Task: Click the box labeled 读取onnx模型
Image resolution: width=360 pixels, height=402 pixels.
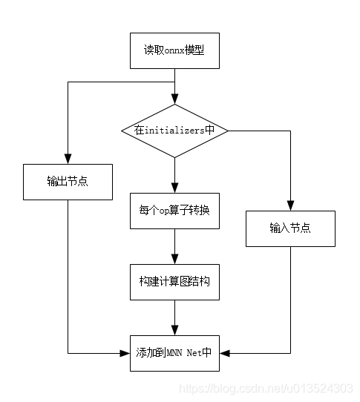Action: click(174, 51)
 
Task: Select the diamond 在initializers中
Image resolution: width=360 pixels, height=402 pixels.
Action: click(174, 131)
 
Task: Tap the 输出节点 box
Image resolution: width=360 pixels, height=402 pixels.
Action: click(68, 182)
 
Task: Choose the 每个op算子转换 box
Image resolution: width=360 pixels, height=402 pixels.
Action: click(174, 210)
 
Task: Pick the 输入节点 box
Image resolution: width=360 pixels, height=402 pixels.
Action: click(290, 228)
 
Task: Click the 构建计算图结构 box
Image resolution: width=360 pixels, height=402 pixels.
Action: click(174, 282)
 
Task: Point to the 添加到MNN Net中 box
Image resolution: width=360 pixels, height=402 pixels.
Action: click(174, 352)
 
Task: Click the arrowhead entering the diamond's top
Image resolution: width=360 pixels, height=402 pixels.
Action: click(174, 99)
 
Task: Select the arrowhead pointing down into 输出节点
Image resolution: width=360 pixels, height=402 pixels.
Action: click(68, 159)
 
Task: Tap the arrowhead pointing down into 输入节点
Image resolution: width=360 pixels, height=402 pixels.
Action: click(290, 205)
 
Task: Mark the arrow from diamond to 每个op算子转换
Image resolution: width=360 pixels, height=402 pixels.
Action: click(174, 175)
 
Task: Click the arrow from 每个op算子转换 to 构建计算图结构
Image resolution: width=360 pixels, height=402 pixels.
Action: click(174, 246)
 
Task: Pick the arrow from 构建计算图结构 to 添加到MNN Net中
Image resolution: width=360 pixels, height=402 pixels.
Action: click(174, 317)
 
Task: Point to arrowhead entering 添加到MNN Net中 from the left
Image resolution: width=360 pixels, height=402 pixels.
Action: click(125, 352)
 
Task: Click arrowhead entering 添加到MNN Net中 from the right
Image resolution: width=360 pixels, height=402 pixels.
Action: click(224, 352)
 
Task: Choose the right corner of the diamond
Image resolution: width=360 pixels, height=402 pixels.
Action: click(226, 131)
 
